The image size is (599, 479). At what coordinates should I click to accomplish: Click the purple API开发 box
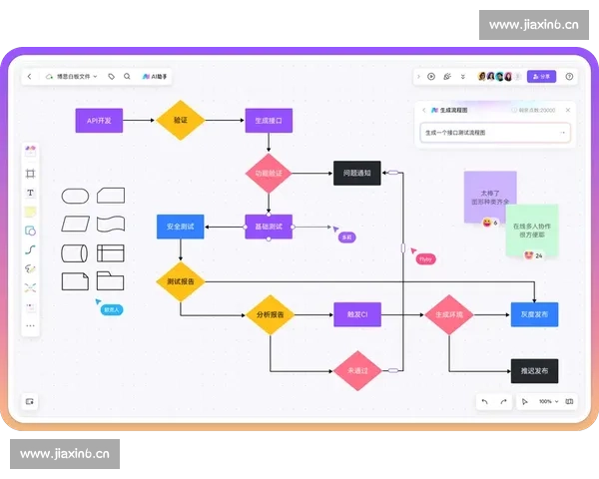(x=99, y=121)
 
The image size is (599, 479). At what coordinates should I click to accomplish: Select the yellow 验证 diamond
(x=181, y=121)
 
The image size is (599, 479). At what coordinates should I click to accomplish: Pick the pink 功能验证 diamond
(x=269, y=173)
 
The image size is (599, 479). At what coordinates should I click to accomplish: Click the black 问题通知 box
(x=356, y=173)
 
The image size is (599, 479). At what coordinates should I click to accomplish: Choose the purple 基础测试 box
(x=269, y=227)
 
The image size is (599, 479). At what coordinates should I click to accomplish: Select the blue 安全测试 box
(x=181, y=227)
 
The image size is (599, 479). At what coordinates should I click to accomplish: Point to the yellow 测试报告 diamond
(x=181, y=281)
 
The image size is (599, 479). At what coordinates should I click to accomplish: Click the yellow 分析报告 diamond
(x=269, y=315)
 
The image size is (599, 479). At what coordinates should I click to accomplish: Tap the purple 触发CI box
(x=356, y=315)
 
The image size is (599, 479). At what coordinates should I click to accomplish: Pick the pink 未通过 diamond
(x=356, y=370)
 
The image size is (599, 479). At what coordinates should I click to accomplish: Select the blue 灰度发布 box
(x=534, y=315)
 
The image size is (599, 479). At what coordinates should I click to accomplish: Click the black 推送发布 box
(x=534, y=370)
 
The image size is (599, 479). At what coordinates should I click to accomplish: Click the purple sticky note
(x=489, y=194)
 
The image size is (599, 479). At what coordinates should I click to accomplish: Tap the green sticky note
(x=531, y=229)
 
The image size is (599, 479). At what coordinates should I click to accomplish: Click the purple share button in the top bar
(x=542, y=76)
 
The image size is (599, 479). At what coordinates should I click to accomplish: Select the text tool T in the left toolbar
(x=30, y=193)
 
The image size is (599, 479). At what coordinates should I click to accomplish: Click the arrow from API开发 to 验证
(x=139, y=121)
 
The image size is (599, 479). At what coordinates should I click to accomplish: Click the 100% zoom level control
(x=545, y=401)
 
